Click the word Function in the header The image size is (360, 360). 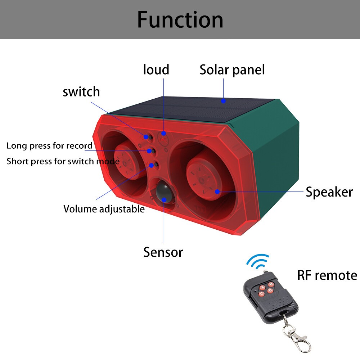[x=180, y=19]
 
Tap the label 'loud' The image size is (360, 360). [x=156, y=69]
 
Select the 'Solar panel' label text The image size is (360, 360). [x=232, y=69]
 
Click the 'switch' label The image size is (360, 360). [x=81, y=92]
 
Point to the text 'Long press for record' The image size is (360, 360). [x=49, y=146]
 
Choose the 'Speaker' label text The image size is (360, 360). [x=329, y=192]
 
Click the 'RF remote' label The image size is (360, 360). [x=327, y=275]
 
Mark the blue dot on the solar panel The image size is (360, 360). [x=223, y=101]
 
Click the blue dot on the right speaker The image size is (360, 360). [x=217, y=191]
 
